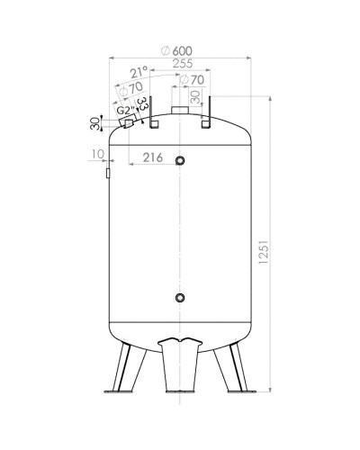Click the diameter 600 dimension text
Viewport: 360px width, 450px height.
pos(180,50)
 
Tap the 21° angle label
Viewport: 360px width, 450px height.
pos(139,73)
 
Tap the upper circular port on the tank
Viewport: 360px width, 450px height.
pos(181,161)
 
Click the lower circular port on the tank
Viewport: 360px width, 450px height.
pos(181,298)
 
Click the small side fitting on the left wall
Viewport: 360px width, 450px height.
pos(107,169)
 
